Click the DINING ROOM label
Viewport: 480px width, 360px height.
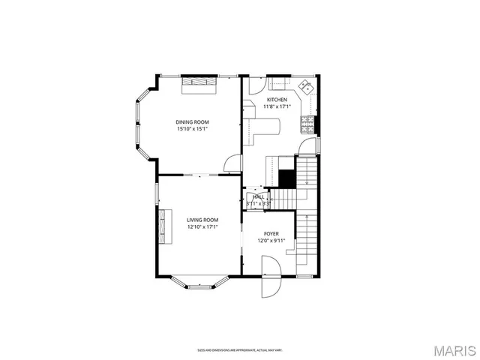point(192,121)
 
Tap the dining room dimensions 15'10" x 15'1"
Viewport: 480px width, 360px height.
point(192,128)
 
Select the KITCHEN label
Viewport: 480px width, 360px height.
point(277,100)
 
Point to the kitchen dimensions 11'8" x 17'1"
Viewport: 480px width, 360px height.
point(277,106)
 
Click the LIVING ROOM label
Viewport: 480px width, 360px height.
point(202,220)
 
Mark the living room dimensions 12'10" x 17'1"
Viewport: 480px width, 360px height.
point(202,226)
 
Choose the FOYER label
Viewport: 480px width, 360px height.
point(271,234)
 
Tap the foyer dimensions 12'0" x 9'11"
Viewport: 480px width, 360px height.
point(271,241)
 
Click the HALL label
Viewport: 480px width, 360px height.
point(258,196)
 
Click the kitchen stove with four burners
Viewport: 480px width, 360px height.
point(307,121)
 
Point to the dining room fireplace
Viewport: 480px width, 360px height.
point(199,84)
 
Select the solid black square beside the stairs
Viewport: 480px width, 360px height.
point(286,179)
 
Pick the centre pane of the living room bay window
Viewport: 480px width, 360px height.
point(199,286)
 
